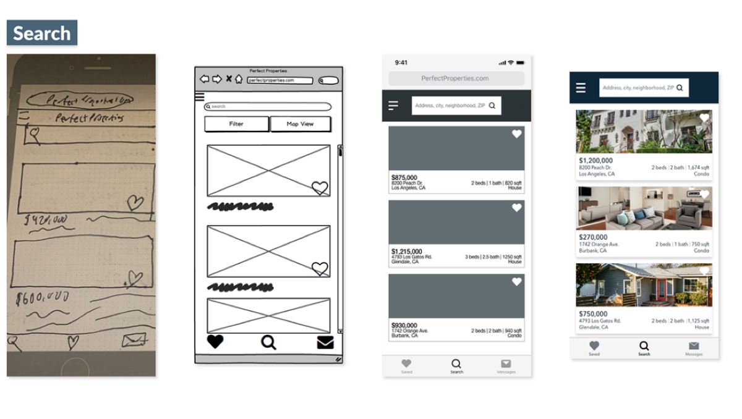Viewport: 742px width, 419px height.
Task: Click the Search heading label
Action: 42,33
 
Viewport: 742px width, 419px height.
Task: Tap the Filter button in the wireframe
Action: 236,124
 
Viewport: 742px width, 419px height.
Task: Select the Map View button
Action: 300,124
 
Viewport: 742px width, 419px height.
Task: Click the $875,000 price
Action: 404,178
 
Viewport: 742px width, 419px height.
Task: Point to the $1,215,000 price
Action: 407,252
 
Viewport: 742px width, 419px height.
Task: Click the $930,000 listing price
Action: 404,326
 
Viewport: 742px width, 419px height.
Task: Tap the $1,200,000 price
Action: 596,161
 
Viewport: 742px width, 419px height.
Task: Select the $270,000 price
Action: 593,237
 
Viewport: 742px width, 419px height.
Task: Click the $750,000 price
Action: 593,314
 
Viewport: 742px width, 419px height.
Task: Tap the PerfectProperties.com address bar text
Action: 455,78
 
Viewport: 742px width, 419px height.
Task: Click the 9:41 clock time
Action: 401,62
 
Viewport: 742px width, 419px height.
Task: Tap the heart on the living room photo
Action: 704,195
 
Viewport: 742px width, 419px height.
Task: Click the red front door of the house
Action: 662,289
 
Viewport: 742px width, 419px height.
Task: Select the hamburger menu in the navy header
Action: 581,88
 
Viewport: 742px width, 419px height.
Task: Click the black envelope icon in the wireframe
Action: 325,342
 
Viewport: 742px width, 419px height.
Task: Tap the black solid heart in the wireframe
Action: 215,342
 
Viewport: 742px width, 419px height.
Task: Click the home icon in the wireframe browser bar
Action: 239,79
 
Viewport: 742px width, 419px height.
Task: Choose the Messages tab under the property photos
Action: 694,349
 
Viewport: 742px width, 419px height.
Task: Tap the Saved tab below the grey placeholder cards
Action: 406,366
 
